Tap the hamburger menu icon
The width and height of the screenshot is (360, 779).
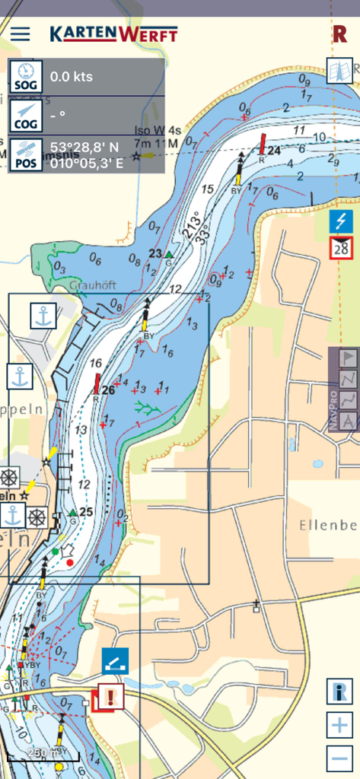20,34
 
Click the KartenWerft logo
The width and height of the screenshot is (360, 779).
113,34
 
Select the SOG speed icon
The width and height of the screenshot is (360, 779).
26,76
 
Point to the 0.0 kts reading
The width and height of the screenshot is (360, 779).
71,77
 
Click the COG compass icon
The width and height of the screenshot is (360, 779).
26,115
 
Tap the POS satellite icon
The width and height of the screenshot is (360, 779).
26,154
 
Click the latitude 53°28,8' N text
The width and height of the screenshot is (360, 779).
84,146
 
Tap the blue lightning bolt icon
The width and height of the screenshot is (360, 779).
341,222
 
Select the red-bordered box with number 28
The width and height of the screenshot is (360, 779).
341,248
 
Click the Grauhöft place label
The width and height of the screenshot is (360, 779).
91,286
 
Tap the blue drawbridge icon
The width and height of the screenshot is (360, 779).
116,661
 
